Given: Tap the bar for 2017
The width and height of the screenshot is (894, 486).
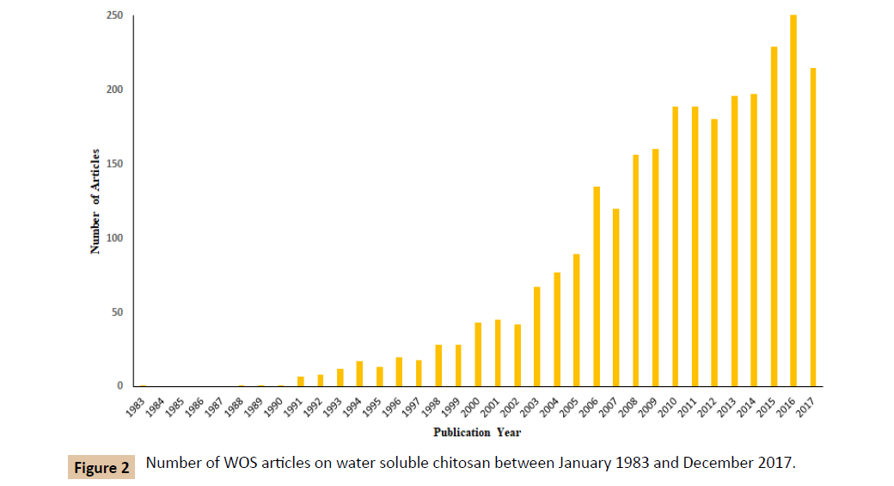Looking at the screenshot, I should coord(813,227).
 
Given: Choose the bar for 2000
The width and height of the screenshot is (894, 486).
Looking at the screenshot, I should coord(478,354).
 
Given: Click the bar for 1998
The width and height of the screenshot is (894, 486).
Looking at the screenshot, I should coord(438,366).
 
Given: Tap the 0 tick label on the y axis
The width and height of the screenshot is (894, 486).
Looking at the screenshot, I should coord(120,386).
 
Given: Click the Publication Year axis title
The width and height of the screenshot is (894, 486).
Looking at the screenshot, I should coord(477,433).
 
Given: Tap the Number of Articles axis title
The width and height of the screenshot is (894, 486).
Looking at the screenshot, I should coord(95,201).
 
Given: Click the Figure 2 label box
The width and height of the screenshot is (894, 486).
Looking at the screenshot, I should coord(101,468).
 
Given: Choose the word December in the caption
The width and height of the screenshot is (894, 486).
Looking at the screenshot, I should coord(716,464).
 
